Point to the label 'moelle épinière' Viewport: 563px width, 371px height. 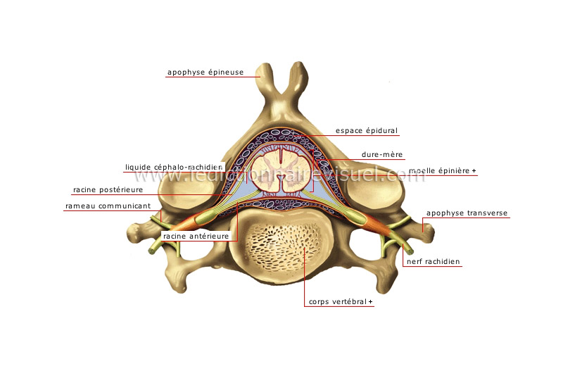[438, 171]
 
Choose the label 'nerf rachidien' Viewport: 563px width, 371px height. [432, 261]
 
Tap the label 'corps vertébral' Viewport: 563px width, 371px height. [338, 303]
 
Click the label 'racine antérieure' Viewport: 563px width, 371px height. [196, 237]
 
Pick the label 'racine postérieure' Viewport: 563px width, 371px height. [108, 189]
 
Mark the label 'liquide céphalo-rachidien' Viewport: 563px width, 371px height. [174, 167]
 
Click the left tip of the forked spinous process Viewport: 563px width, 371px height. [265, 70]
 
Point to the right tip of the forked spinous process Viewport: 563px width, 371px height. [299, 70]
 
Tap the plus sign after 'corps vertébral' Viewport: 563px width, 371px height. [370, 303]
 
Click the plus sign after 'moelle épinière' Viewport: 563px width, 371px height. [474, 171]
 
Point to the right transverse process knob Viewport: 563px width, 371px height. [426, 226]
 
